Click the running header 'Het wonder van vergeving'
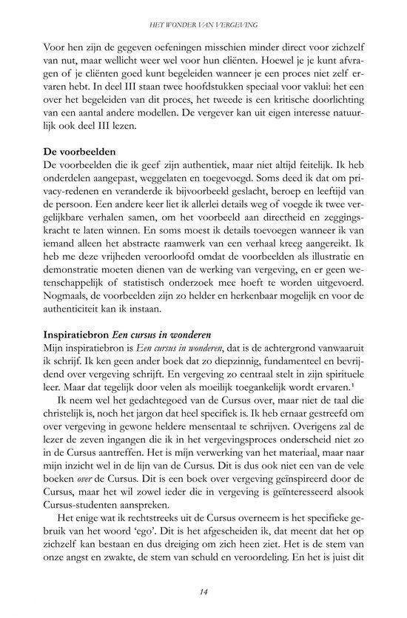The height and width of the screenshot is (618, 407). click(x=203, y=25)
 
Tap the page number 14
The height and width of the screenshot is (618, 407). click(x=203, y=589)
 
